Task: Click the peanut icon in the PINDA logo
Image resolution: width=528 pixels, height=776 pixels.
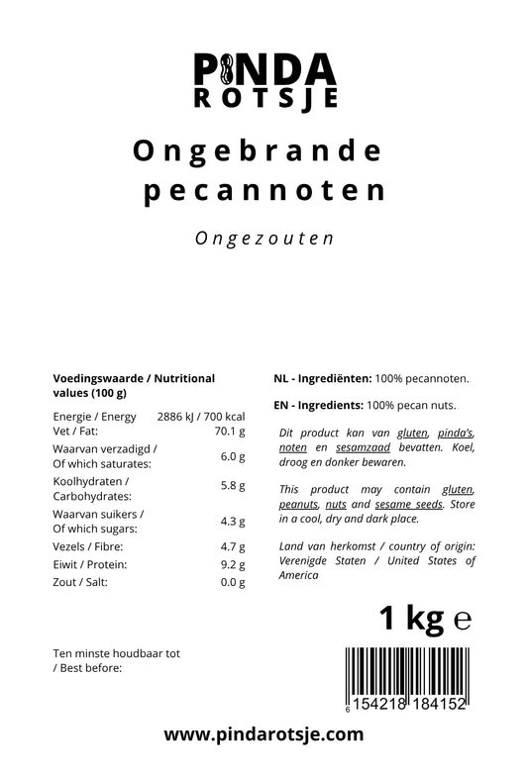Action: (x=227, y=68)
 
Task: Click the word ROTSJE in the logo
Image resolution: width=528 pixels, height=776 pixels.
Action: (x=264, y=99)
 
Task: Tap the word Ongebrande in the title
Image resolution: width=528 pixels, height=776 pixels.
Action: (x=257, y=150)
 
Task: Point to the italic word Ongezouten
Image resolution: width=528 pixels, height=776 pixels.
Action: (x=264, y=239)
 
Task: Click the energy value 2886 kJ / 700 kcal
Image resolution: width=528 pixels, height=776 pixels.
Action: (x=201, y=417)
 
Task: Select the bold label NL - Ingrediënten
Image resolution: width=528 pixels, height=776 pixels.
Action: (x=322, y=378)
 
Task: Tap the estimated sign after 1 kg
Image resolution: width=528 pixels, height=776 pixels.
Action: (x=461, y=621)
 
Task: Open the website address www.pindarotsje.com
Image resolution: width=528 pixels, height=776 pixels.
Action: (x=264, y=734)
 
